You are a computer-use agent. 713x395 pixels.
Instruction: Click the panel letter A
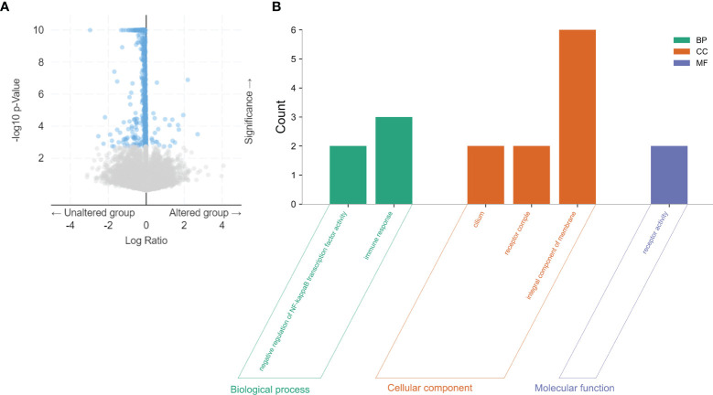coord(7,7)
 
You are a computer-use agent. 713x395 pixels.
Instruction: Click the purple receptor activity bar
coord(668,175)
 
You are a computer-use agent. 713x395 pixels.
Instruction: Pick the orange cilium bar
coord(485,175)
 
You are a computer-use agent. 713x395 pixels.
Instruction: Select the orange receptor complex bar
coord(531,175)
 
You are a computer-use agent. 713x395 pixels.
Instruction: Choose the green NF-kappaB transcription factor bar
coord(348,175)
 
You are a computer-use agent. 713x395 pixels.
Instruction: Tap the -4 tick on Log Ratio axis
coord(70,226)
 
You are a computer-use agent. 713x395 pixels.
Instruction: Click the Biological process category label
coord(271,389)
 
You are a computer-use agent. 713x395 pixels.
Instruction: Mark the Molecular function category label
coord(575,389)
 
